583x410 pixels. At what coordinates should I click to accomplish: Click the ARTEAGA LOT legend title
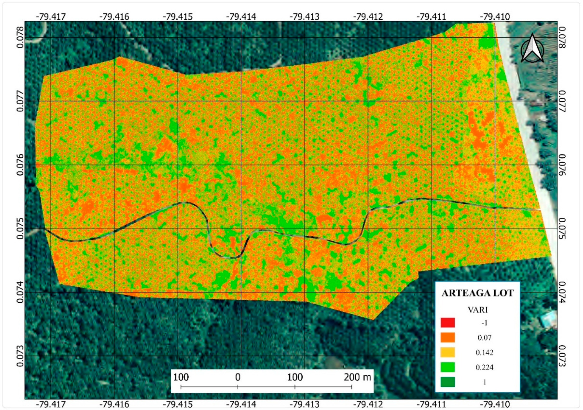477,293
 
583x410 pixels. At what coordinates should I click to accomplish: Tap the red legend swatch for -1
447,323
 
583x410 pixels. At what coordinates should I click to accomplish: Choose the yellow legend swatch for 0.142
447,352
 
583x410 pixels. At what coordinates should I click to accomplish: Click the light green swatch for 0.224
447,367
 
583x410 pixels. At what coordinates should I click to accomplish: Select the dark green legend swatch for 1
447,382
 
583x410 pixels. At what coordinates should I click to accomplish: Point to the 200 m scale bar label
357,377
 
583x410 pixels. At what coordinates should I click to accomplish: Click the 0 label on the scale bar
238,377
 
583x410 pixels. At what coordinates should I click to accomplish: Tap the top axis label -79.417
51,17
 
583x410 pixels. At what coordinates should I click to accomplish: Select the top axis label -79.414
241,17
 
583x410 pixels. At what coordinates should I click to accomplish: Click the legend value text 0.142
484,353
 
